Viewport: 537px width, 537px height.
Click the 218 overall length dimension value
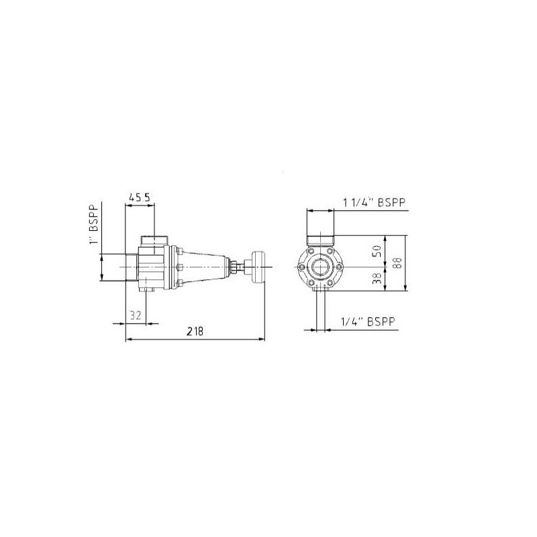point(195,331)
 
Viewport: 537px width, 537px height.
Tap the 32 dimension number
point(136,315)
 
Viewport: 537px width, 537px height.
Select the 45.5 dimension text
point(140,197)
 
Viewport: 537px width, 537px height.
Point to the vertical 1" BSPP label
point(94,224)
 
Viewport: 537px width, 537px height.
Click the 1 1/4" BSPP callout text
point(375,203)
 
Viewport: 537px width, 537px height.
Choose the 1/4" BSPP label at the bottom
point(368,322)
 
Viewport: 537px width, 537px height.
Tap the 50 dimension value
point(377,251)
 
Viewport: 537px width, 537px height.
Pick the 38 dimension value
point(377,279)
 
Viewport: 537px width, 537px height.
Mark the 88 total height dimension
point(397,263)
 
